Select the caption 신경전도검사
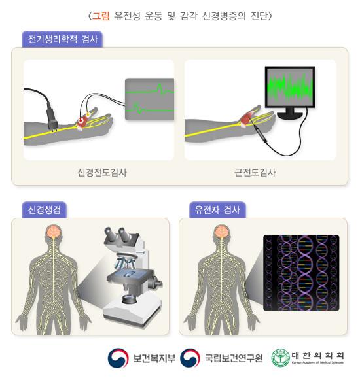(101, 173)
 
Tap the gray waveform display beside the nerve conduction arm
(150, 97)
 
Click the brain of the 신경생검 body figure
(54, 234)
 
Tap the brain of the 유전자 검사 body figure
(222, 234)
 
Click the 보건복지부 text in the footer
(154, 358)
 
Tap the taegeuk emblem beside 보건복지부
(118, 357)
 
